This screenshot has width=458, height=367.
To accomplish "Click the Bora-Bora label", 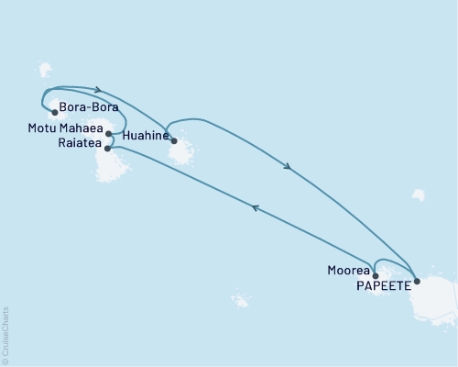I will pos(91,115).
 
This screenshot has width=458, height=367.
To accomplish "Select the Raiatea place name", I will pos(78,148).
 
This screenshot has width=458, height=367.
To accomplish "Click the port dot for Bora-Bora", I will pos(55,114).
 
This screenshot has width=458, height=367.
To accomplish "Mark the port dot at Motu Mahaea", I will pos(108,134).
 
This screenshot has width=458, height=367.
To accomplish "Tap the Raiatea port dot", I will pos(108,148).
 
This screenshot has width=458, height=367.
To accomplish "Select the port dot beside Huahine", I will pos(174,141).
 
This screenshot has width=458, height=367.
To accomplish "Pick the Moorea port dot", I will pos(375,274).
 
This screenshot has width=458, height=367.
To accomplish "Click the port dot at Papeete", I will pos(417,282).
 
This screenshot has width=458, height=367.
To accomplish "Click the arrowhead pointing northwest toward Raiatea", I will pos(257,208).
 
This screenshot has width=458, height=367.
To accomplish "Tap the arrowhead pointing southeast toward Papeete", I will pos(288,167).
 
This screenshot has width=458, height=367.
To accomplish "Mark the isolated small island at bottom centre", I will pos(241,300).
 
